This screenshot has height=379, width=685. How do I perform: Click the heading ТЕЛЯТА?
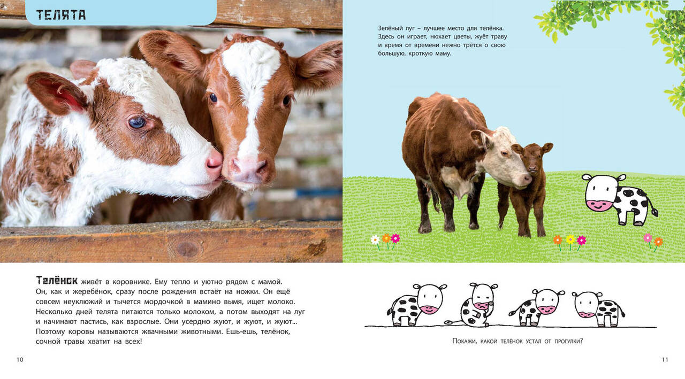pyautogui.click(x=61, y=15)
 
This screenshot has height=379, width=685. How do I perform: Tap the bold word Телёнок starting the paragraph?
pyautogui.click(x=57, y=280)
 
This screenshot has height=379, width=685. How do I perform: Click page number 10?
pyautogui.click(x=20, y=359)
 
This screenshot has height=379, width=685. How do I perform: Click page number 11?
pyautogui.click(x=665, y=359)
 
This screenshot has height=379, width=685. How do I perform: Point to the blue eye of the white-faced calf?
pyautogui.click(x=137, y=122)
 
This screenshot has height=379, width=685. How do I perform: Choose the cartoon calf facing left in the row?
pyautogui.click(x=597, y=308)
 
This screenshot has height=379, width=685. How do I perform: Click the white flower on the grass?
pyautogui.click(x=375, y=240)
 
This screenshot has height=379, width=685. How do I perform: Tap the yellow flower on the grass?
pyautogui.click(x=570, y=239)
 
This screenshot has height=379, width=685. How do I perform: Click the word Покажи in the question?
pyautogui.click(x=465, y=341)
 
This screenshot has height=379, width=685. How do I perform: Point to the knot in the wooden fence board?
pyautogui.click(x=187, y=249)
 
